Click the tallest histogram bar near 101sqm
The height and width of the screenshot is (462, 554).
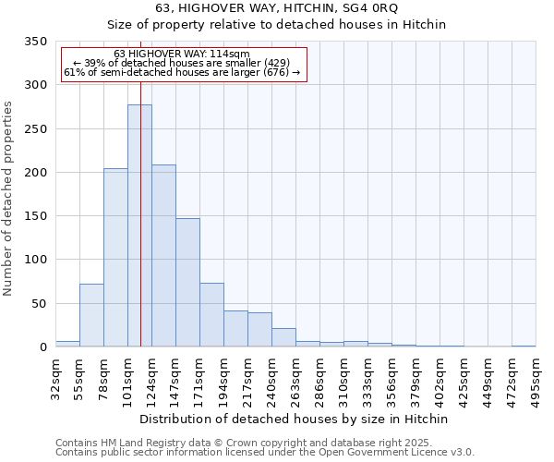pyautogui.click(x=139, y=225)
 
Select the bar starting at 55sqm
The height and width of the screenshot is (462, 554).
pyautogui.click(x=91, y=315)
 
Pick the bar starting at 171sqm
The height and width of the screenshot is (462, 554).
pyautogui.click(x=211, y=314)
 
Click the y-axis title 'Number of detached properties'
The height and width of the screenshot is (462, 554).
pyautogui.click(x=9, y=199)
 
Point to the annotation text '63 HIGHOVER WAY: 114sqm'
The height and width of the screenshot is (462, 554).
pyautogui.click(x=182, y=55)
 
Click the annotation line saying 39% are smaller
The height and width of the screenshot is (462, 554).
pyautogui.click(x=182, y=63)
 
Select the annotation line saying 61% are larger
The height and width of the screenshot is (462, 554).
pyautogui.click(x=182, y=72)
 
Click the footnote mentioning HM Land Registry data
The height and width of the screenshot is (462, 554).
pyautogui.click(x=244, y=443)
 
